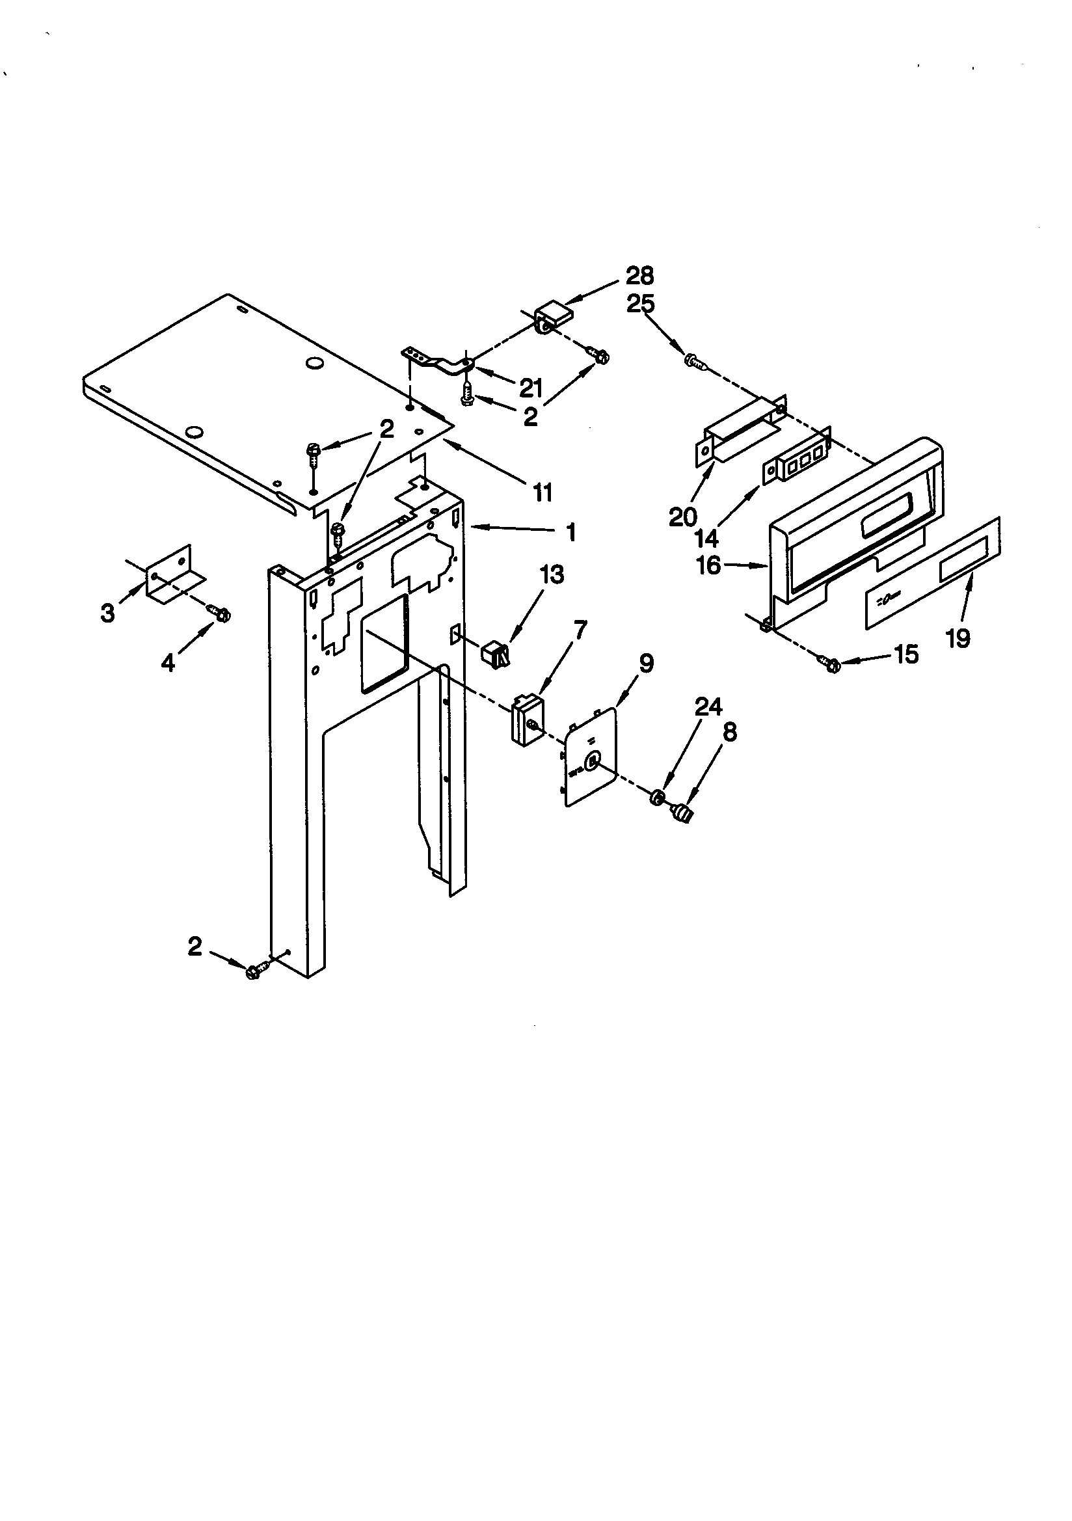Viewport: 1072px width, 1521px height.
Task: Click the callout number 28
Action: tap(639, 275)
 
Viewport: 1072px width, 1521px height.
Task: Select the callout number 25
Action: tap(640, 304)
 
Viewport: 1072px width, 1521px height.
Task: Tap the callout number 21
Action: tap(531, 388)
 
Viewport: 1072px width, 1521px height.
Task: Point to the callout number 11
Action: tap(543, 492)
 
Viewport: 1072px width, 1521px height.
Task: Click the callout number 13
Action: tap(552, 574)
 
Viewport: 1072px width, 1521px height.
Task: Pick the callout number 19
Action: tap(958, 638)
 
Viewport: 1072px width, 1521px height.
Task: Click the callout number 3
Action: tap(107, 613)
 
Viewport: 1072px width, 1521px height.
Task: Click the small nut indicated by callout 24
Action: tap(657, 797)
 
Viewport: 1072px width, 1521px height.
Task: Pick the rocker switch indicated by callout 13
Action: tap(494, 653)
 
